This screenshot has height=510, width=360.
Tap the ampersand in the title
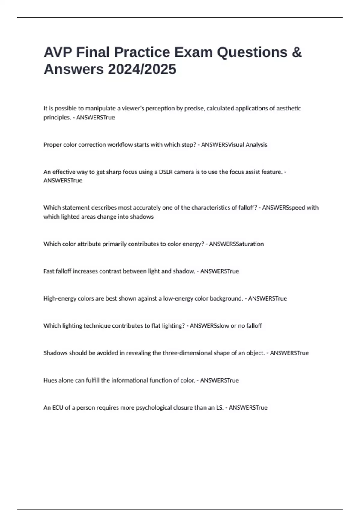pyautogui.click(x=296, y=52)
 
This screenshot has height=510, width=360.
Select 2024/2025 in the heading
pyautogui.click(x=142, y=69)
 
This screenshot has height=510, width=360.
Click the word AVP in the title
pyautogui.click(x=58, y=52)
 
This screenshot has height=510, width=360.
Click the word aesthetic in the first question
pyautogui.click(x=288, y=108)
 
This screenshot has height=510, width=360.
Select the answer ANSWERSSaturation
pyautogui.click(x=236, y=244)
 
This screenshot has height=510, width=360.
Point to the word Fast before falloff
pyautogui.click(x=49, y=271)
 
